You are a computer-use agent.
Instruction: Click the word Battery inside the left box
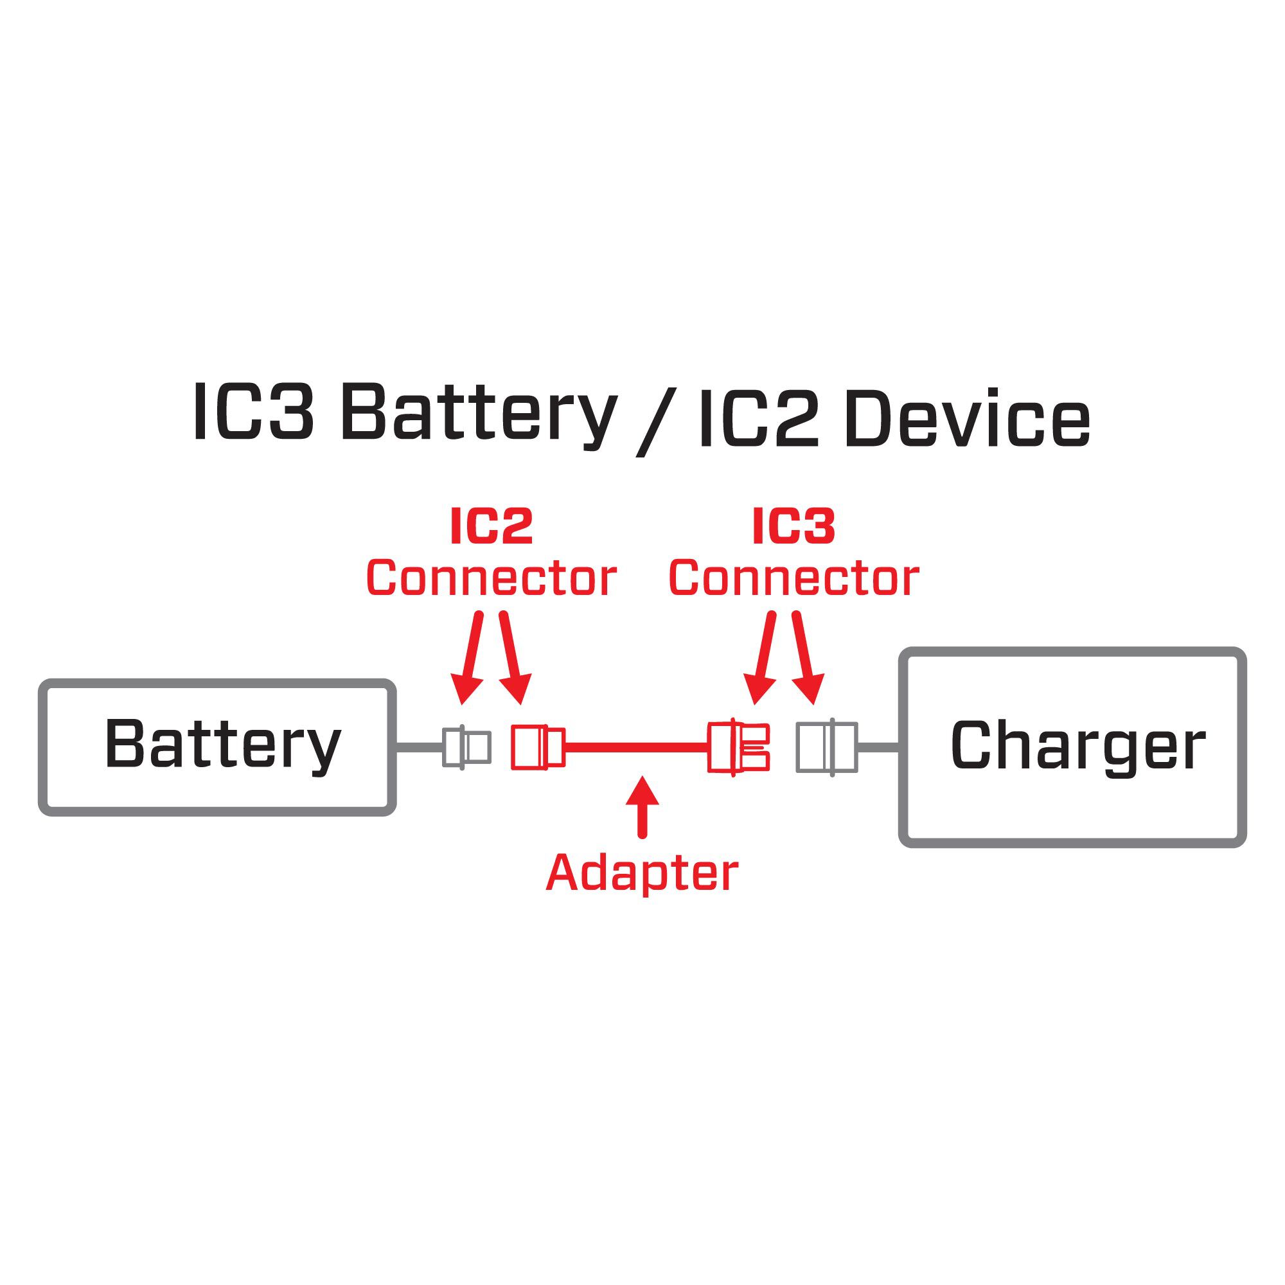[223, 744]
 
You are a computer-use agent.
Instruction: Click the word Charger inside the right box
[1077, 745]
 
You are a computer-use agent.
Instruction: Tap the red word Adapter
[642, 873]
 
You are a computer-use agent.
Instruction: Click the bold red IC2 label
[492, 527]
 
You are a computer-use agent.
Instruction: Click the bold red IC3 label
[793, 527]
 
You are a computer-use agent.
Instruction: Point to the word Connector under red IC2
[492, 578]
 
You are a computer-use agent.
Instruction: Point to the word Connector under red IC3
[793, 578]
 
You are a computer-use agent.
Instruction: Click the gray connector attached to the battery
[467, 747]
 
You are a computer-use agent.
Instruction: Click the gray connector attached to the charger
[827, 747]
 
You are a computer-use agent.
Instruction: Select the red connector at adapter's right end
[738, 747]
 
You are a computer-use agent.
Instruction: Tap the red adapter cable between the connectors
[635, 748]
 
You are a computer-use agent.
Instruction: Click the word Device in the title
[967, 419]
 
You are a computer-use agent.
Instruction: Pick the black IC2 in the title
[758, 419]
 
